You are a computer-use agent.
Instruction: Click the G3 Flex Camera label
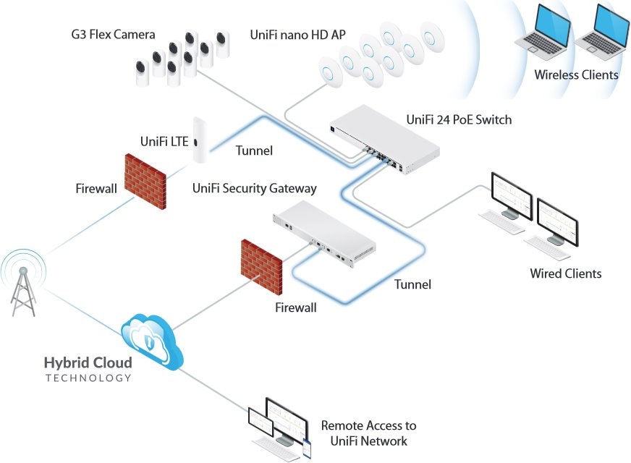pos(113,34)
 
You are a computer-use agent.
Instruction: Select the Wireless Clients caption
pos(576,75)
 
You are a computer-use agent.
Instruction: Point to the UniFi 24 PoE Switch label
pos(459,119)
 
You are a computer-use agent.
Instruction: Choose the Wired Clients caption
pos(565,273)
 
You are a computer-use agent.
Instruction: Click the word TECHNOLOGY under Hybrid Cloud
pos(88,378)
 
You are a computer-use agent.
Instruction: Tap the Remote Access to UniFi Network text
pos(368,433)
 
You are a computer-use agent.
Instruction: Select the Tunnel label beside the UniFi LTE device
pos(254,150)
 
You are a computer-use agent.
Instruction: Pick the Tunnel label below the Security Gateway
pos(412,284)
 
